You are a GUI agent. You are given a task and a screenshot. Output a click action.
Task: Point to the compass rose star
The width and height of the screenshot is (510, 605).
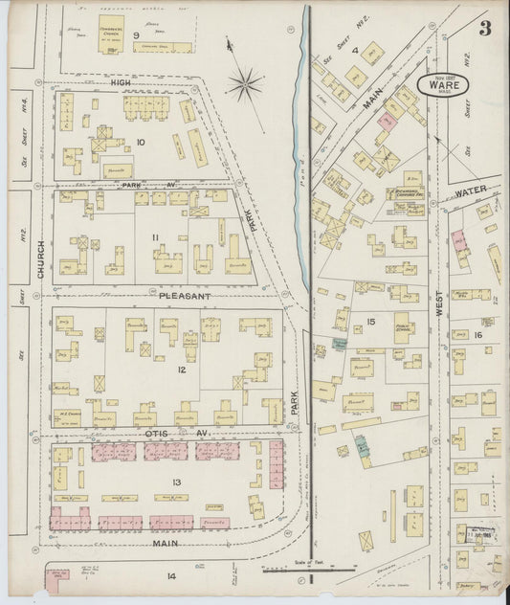click(x=247, y=84)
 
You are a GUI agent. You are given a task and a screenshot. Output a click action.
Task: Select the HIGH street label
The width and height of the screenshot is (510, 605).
click(x=121, y=83)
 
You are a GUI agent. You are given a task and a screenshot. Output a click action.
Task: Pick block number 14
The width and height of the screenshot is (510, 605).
click(x=172, y=575)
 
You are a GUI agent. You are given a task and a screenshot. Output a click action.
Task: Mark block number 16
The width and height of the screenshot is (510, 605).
click(x=477, y=335)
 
